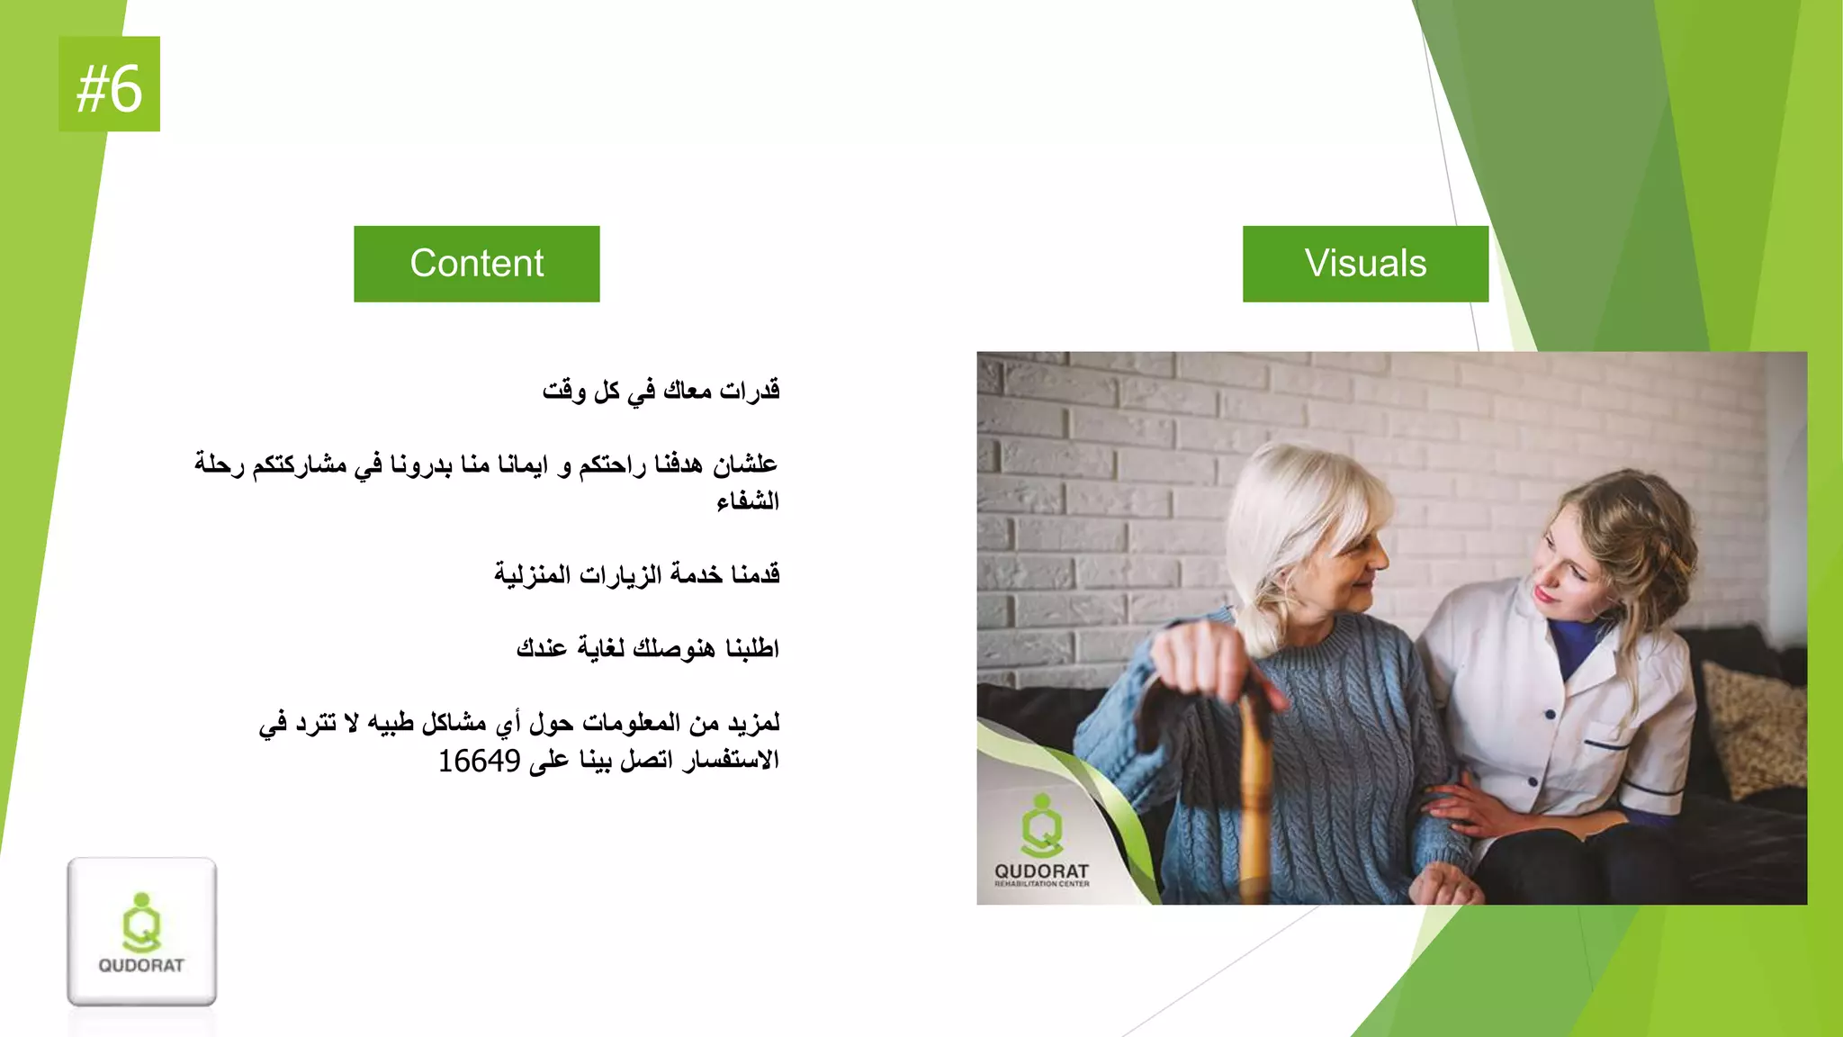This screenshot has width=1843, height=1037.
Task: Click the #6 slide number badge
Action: pos(109,85)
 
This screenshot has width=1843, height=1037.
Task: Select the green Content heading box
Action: pos(476,264)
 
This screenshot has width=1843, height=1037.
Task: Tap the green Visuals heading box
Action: pos(1365,264)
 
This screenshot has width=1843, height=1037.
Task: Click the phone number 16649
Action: pos(479,762)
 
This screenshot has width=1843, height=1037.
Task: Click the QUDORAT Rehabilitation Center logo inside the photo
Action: pos(1041,842)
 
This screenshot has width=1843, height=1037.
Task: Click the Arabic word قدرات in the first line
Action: pos(750,391)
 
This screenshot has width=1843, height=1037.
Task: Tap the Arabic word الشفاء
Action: pos(747,501)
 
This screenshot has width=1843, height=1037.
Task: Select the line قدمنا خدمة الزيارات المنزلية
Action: pos(636,574)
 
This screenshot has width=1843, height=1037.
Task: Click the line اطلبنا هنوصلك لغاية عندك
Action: pos(647,648)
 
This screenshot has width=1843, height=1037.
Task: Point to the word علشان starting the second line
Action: pos(745,464)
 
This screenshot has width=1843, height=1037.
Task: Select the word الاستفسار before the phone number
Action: pos(730,762)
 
